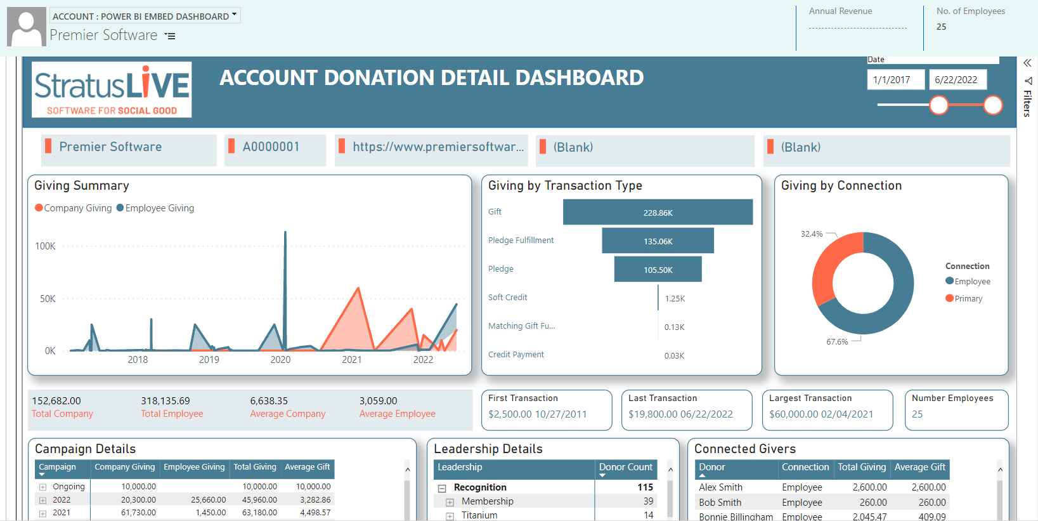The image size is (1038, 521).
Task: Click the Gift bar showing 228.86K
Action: pyautogui.click(x=658, y=212)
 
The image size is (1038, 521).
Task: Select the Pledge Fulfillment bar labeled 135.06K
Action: pyautogui.click(x=658, y=241)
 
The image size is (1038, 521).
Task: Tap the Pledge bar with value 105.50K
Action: pyautogui.click(x=658, y=269)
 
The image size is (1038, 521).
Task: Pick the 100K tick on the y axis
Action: pyautogui.click(x=46, y=246)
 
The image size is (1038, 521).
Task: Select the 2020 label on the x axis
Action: pyautogui.click(x=280, y=360)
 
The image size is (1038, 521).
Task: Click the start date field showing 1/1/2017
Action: pyautogui.click(x=895, y=80)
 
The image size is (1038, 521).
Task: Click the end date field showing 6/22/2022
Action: pyautogui.click(x=957, y=80)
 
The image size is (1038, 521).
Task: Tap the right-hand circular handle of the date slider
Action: pyautogui.click(x=993, y=105)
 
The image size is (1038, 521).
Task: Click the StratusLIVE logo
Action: pyautogui.click(x=112, y=89)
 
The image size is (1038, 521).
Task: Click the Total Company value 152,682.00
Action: pyautogui.click(x=56, y=401)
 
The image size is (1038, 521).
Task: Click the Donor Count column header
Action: pyautogui.click(x=625, y=467)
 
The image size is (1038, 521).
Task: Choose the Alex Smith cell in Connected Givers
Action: pyautogui.click(x=720, y=487)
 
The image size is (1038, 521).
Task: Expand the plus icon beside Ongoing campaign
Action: pyautogui.click(x=42, y=487)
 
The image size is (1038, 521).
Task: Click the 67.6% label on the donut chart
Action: pyautogui.click(x=837, y=342)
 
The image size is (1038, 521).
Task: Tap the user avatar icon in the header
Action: pyautogui.click(x=27, y=27)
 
